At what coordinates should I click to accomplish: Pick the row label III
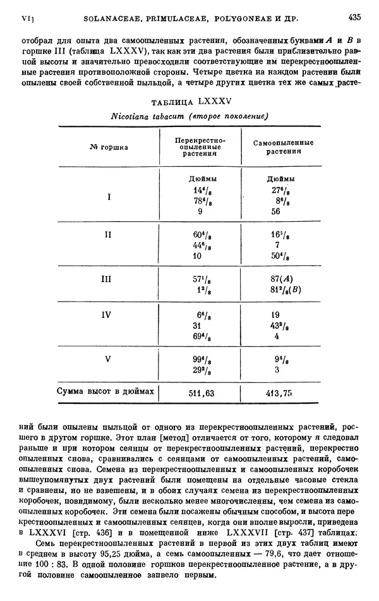[x=108, y=278]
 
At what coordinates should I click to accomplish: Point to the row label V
[x=108, y=359]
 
